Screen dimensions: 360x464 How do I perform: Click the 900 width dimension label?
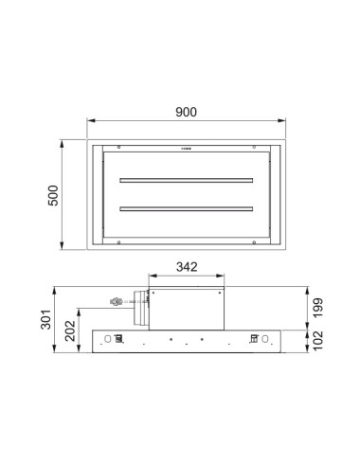[x=186, y=112]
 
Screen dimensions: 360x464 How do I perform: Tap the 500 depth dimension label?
[x=53, y=195]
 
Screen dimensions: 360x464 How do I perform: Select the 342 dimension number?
[x=187, y=267]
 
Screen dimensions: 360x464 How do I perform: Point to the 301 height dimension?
[x=45, y=319]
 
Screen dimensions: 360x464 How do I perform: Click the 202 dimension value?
[x=70, y=330]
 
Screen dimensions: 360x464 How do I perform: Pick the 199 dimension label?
[x=317, y=308]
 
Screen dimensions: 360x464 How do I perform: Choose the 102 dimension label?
[x=317, y=340]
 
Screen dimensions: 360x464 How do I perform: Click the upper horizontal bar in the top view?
[x=187, y=181]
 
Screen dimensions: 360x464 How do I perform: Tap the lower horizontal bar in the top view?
[x=187, y=209]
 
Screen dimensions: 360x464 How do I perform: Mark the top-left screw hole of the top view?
[x=118, y=147]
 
